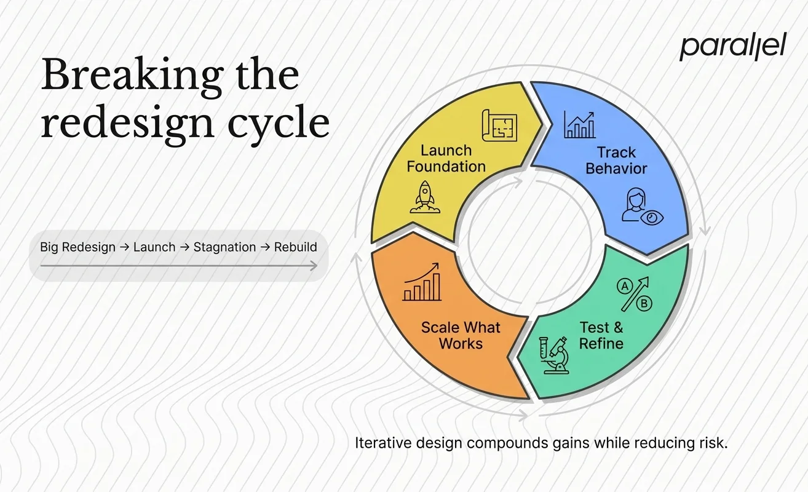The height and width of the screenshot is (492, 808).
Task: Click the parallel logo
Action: click(x=732, y=48)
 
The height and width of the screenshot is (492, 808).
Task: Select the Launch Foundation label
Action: click(x=446, y=159)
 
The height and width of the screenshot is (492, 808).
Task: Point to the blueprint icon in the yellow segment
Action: click(x=500, y=125)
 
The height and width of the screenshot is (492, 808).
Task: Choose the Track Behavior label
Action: click(x=616, y=160)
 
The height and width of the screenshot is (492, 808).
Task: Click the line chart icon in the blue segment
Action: click(x=579, y=125)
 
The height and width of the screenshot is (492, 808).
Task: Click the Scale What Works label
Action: click(x=461, y=335)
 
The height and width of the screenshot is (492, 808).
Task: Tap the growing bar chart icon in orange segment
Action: click(x=422, y=283)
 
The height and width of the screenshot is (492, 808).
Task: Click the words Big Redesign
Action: click(x=77, y=247)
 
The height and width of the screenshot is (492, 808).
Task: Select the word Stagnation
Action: click(x=224, y=247)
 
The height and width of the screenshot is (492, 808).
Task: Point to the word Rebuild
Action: click(x=295, y=247)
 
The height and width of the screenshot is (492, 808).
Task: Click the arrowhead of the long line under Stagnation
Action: click(x=314, y=266)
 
